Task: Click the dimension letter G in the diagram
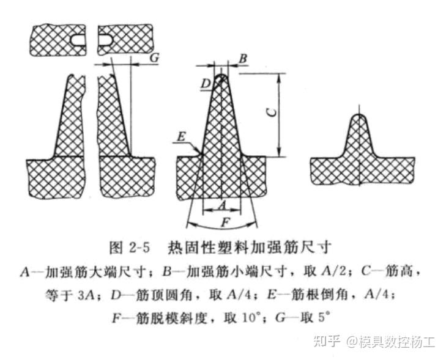coord(154,57)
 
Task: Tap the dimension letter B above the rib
coord(243,58)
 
